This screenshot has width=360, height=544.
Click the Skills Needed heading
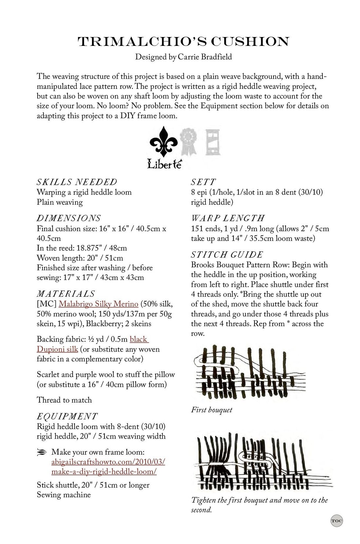coord(77,182)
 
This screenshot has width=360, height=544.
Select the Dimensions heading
coord(69,218)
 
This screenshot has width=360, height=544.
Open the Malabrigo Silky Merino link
coord(98,304)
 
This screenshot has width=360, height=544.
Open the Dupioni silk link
coord(58,349)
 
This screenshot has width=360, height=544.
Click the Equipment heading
coord(67,416)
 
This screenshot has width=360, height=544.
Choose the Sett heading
coord(203,182)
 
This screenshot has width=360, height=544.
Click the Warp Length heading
coord(228,218)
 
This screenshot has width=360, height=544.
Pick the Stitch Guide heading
coord(227,254)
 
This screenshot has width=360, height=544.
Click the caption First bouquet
coord(211,409)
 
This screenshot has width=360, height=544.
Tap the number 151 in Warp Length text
coord(197,228)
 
